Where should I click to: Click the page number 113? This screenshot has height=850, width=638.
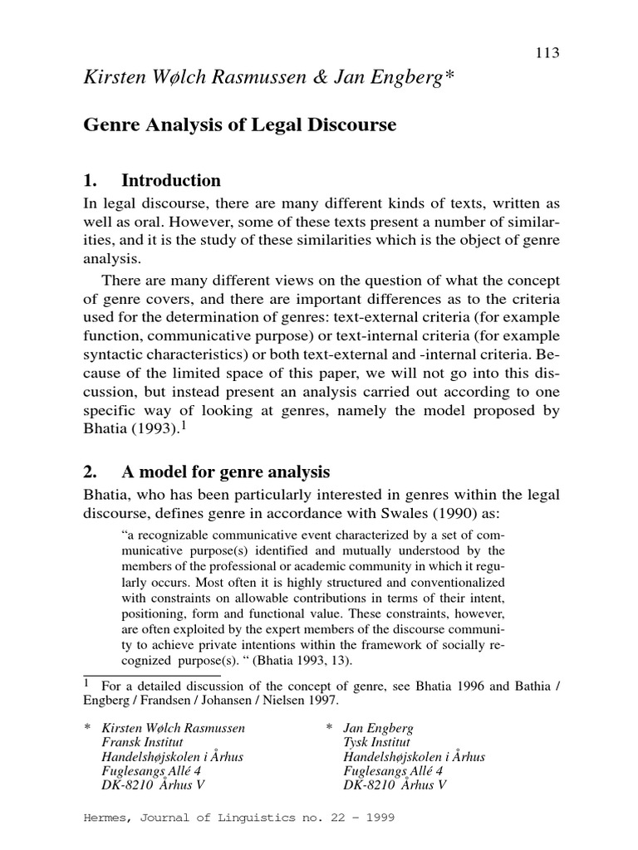tap(547, 53)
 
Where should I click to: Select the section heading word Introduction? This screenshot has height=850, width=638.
tap(171, 181)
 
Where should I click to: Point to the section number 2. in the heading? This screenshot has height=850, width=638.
tap(91, 472)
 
